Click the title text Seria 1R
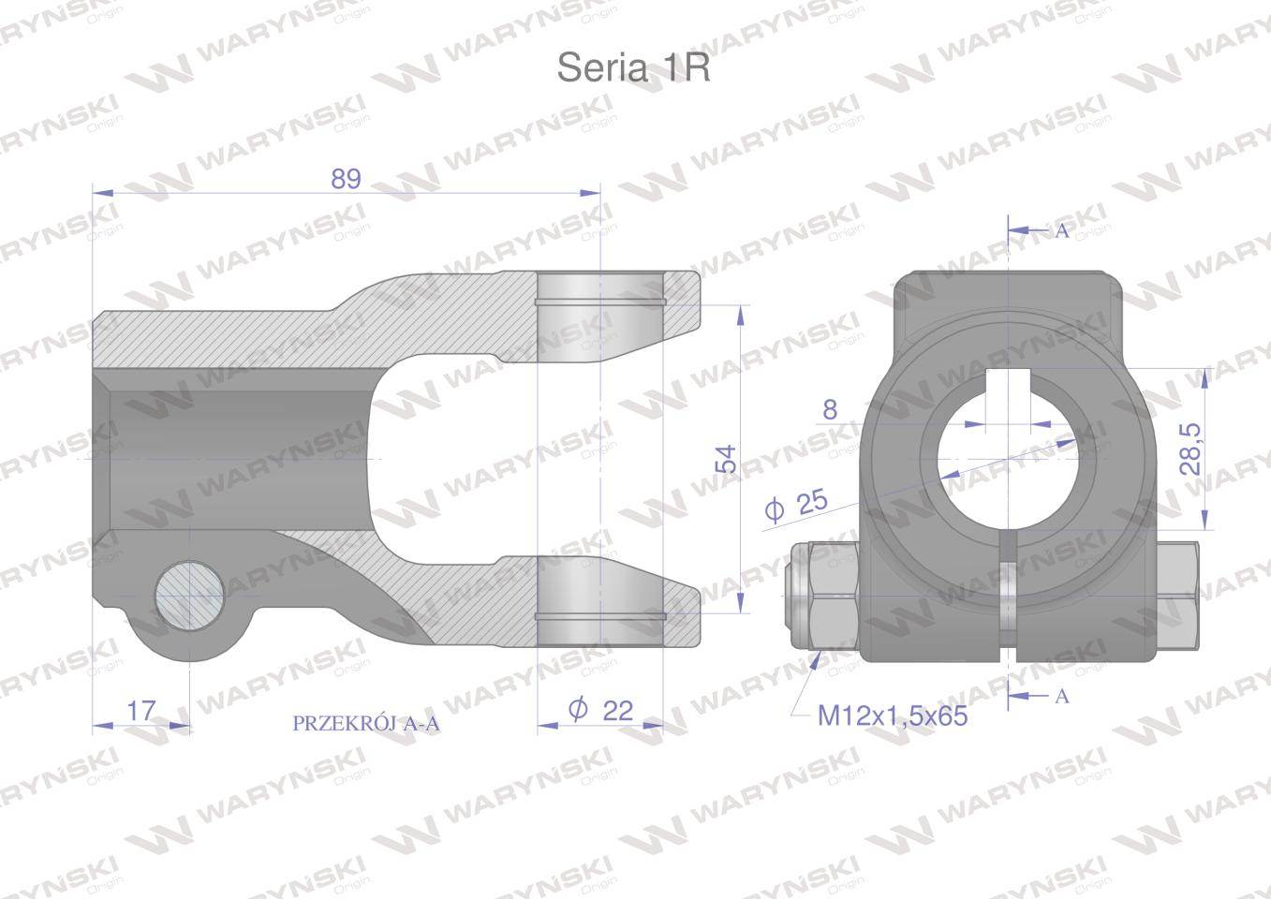633,67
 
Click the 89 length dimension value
346,179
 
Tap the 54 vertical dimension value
726,459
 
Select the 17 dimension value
140,710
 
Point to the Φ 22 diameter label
600,710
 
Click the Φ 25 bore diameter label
796,504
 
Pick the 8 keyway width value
830,409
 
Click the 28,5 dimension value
1190,449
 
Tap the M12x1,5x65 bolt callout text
892,715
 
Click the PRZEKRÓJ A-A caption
366,724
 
